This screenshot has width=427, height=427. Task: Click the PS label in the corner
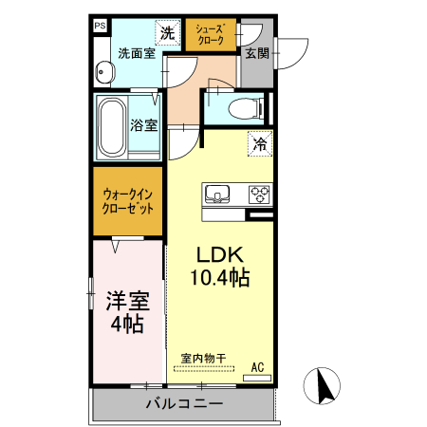click(x=100, y=27)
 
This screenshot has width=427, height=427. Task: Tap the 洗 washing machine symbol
click(x=167, y=32)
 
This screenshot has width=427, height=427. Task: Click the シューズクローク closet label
click(x=210, y=35)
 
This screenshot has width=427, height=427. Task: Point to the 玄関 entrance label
click(x=256, y=53)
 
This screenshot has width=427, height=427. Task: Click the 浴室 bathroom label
click(x=143, y=124)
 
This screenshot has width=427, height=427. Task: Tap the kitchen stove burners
click(x=259, y=195)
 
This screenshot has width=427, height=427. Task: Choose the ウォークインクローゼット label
click(x=129, y=202)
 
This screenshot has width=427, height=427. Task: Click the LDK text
click(x=220, y=255)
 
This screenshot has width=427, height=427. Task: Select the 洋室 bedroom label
click(x=127, y=302)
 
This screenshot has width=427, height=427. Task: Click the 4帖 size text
click(x=127, y=325)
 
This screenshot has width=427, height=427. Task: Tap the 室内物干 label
click(x=203, y=358)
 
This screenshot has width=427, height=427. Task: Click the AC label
click(x=258, y=366)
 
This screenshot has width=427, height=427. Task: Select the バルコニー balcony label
click(x=184, y=404)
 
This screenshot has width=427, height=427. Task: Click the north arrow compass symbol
click(x=321, y=385)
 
